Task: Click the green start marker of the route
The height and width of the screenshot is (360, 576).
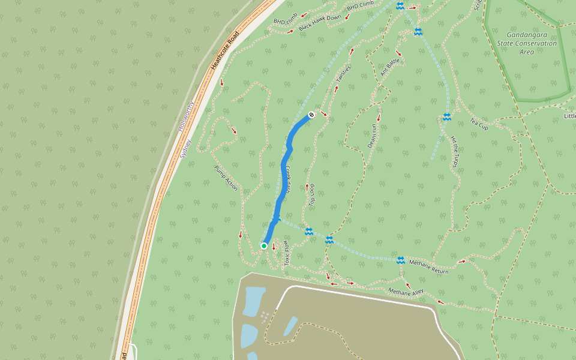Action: pyautogui.click(x=264, y=245)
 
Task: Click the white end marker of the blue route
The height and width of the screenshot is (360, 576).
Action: pyautogui.click(x=311, y=115)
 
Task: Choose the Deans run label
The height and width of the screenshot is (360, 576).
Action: pyautogui.click(x=372, y=136)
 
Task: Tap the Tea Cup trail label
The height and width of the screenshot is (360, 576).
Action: pyautogui.click(x=479, y=124)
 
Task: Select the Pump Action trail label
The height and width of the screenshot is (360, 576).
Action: pyautogui.click(x=226, y=179)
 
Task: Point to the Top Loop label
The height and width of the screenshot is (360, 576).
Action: pyautogui.click(x=312, y=195)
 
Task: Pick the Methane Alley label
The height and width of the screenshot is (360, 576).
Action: pyautogui.click(x=406, y=292)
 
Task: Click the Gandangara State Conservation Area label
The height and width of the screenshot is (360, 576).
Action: pyautogui.click(x=527, y=43)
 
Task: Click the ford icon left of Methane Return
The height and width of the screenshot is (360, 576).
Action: pyautogui.click(x=400, y=260)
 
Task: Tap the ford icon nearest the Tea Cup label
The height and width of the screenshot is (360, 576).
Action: pyautogui.click(x=446, y=117)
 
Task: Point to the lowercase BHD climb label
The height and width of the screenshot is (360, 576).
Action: pyautogui.click(x=286, y=22)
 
